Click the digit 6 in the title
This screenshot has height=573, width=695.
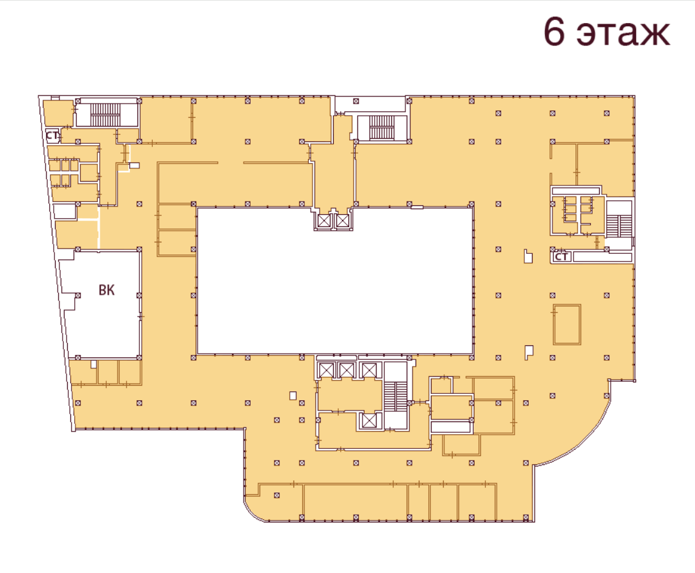tap(554, 31)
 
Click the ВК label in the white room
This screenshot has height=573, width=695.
tap(106, 290)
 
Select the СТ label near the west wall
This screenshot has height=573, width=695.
tap(52, 136)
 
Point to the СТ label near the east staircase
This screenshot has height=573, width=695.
tap(561, 256)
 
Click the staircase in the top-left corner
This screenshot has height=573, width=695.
tap(105, 114)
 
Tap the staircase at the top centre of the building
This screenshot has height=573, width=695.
tap(381, 127)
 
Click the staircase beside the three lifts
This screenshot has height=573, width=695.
tap(395, 395)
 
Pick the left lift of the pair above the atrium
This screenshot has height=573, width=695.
tap(324, 221)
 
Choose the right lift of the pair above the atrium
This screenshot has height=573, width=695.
tap(342, 221)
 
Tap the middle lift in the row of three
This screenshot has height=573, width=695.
tap(346, 370)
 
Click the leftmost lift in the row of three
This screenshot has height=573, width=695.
tap(326, 370)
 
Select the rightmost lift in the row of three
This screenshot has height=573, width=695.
tap(369, 370)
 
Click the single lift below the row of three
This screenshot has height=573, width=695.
tap(369, 420)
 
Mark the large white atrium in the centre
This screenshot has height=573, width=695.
tap(335, 281)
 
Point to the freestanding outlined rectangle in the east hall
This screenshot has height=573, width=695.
tap(566, 324)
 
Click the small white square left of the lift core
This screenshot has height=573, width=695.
tap(293, 396)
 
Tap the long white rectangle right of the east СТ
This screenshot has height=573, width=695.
tap(602, 257)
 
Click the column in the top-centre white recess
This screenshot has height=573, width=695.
tap(356, 101)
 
